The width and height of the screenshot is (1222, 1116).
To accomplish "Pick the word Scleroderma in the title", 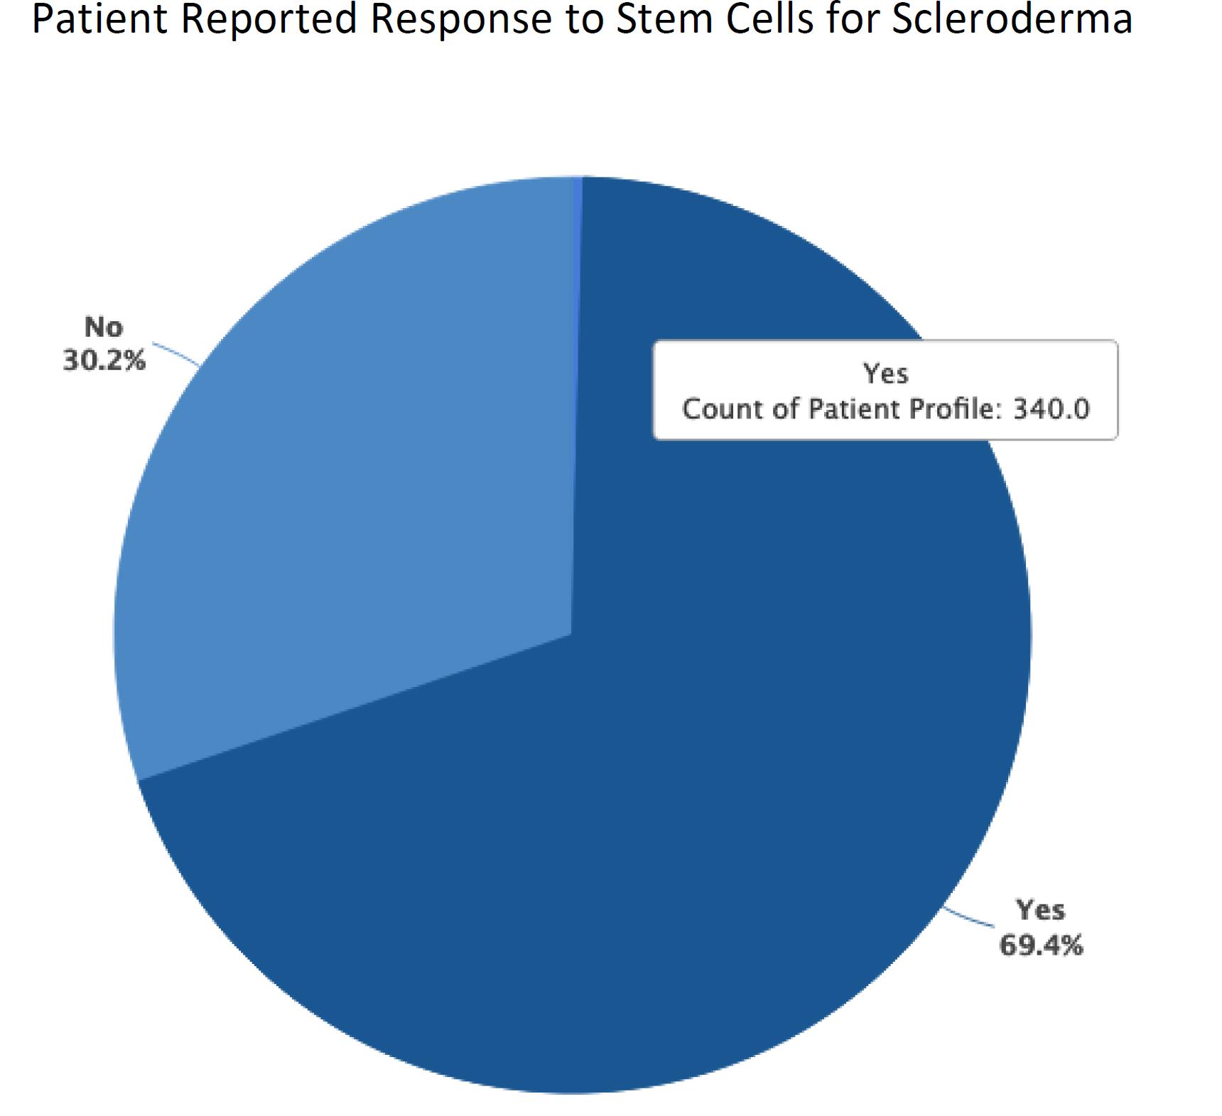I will [x=1012, y=19].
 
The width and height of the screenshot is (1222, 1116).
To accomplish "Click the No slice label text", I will [x=104, y=327].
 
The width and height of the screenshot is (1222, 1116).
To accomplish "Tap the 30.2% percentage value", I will [x=104, y=361].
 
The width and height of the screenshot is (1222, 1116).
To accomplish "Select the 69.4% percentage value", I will [x=1041, y=946].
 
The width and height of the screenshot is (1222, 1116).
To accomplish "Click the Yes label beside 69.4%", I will [x=1041, y=910].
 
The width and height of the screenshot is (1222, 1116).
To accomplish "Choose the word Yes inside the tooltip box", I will [x=885, y=374].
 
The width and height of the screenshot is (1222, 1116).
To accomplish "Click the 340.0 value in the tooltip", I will [x=1051, y=409].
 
